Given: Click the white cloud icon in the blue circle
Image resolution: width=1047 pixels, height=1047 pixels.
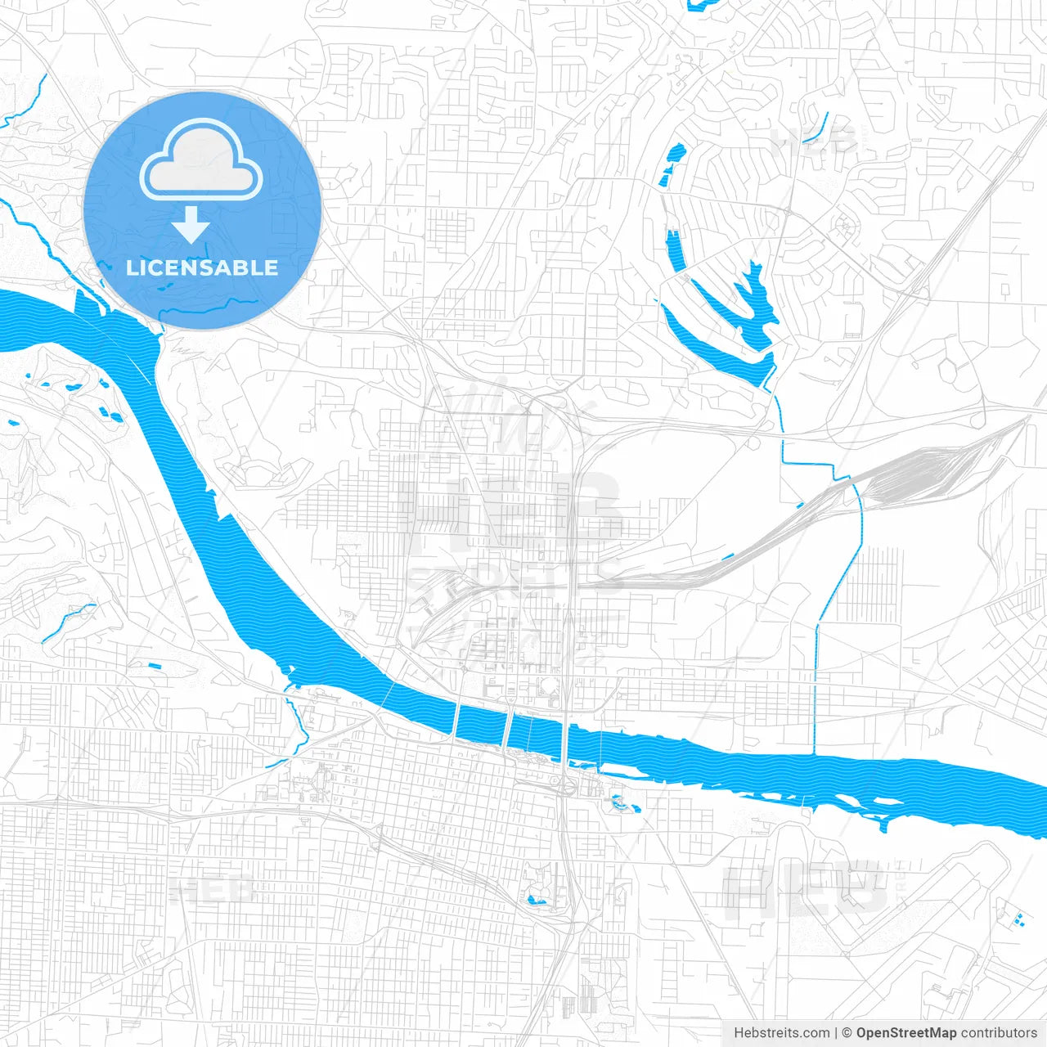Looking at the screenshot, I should (201, 160).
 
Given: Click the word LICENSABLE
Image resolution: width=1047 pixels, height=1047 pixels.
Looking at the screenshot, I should (202, 267).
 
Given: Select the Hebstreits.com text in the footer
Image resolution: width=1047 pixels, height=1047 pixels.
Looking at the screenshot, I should (781, 1033).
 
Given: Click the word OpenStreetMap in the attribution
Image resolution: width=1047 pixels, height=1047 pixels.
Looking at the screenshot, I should (906, 1033).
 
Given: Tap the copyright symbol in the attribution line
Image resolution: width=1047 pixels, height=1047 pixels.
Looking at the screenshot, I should (847, 1033).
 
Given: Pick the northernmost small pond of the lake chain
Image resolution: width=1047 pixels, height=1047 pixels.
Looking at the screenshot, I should (676, 152).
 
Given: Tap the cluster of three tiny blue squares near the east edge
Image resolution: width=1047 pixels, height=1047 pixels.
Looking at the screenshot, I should (1017, 917).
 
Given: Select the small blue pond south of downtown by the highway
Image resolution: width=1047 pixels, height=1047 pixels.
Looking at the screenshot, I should (537, 900).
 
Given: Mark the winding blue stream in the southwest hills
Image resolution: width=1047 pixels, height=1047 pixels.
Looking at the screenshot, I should (70, 620).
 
